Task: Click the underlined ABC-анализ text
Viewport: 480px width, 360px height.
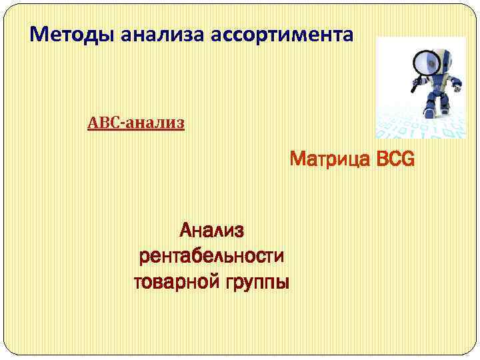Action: pos(136,123)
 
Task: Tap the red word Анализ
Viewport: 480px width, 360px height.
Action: pos(212,231)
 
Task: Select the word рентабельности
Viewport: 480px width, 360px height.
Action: pos(211,256)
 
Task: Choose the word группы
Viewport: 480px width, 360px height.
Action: pos(254,283)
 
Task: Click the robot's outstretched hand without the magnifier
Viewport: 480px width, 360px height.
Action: pos(458,84)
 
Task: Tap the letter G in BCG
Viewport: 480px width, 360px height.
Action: pos(407,161)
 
